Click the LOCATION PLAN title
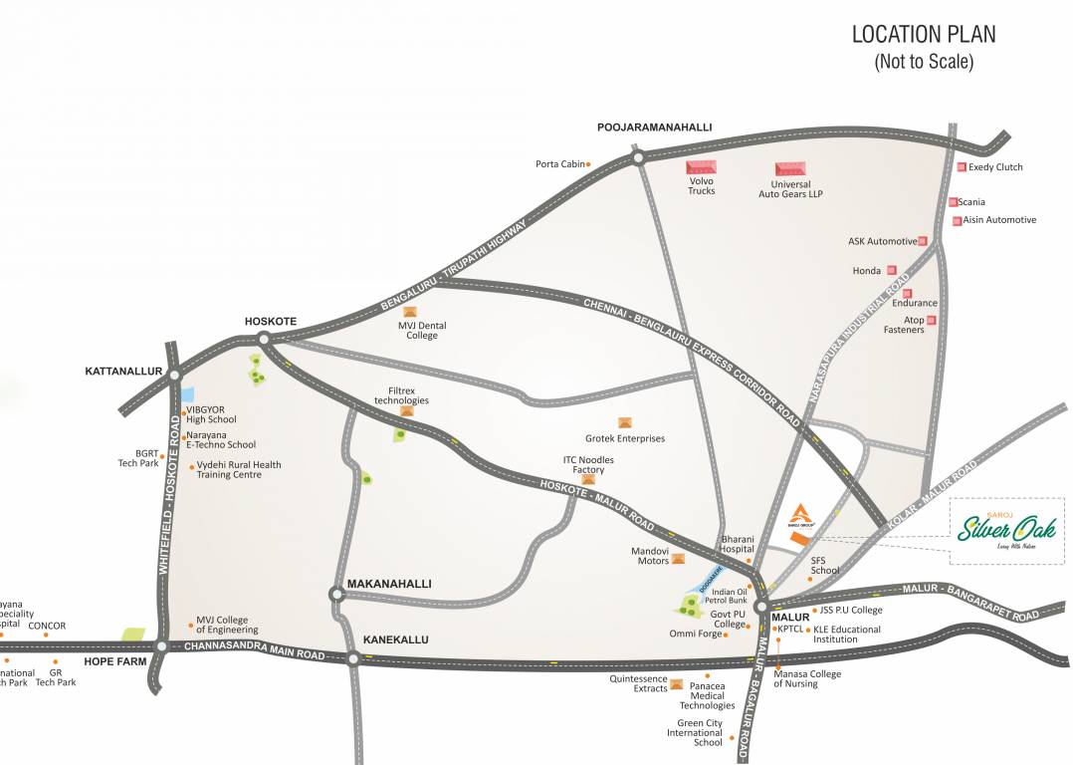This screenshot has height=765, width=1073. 923,35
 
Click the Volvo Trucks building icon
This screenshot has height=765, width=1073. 702,168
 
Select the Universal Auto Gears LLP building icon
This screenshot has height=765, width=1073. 790,169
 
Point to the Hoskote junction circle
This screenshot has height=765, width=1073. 264,339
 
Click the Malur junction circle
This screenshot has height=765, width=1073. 761,606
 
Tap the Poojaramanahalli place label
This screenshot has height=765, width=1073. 654,127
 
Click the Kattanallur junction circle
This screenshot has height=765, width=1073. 175,376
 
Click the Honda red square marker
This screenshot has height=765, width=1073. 892,270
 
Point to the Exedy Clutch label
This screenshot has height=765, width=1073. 995,167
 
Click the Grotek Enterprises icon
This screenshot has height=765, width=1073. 625,423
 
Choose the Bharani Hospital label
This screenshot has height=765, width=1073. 738,544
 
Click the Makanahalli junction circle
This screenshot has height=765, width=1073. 335,594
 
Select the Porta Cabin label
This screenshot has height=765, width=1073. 559,164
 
